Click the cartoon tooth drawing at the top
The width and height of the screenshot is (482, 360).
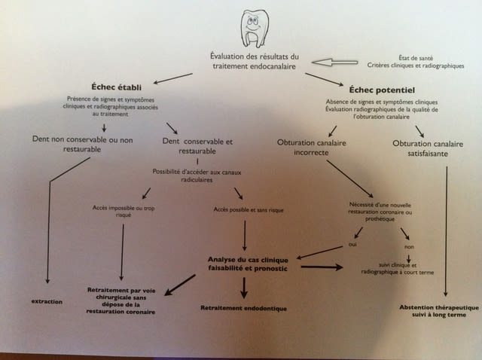pyautogui.click(x=253, y=29)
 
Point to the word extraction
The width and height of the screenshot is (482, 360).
pyautogui.click(x=47, y=302)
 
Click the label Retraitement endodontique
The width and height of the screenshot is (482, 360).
pyautogui.click(x=244, y=308)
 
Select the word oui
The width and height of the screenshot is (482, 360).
pyautogui.click(x=352, y=244)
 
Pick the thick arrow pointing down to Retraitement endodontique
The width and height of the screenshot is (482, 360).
pyautogui.click(x=243, y=288)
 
